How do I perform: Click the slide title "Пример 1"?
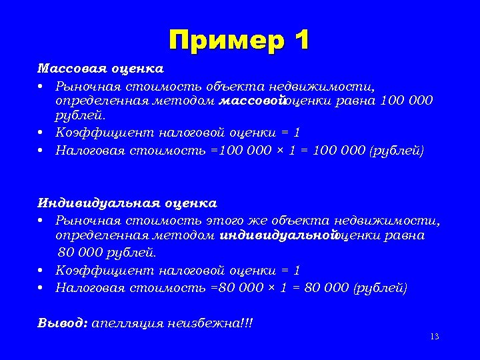tap(239, 41)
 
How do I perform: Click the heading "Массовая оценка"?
tap(100, 69)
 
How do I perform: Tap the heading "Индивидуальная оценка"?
tap(127, 203)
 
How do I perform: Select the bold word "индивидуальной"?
tap(276, 235)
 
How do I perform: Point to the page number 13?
tap(435, 337)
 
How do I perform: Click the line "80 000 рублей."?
tap(107, 253)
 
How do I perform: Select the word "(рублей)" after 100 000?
tap(395, 150)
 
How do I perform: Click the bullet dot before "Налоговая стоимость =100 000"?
tap(41, 150)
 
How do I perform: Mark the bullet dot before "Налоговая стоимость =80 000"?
tap(41, 288)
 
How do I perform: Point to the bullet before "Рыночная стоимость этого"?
tap(41, 220)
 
